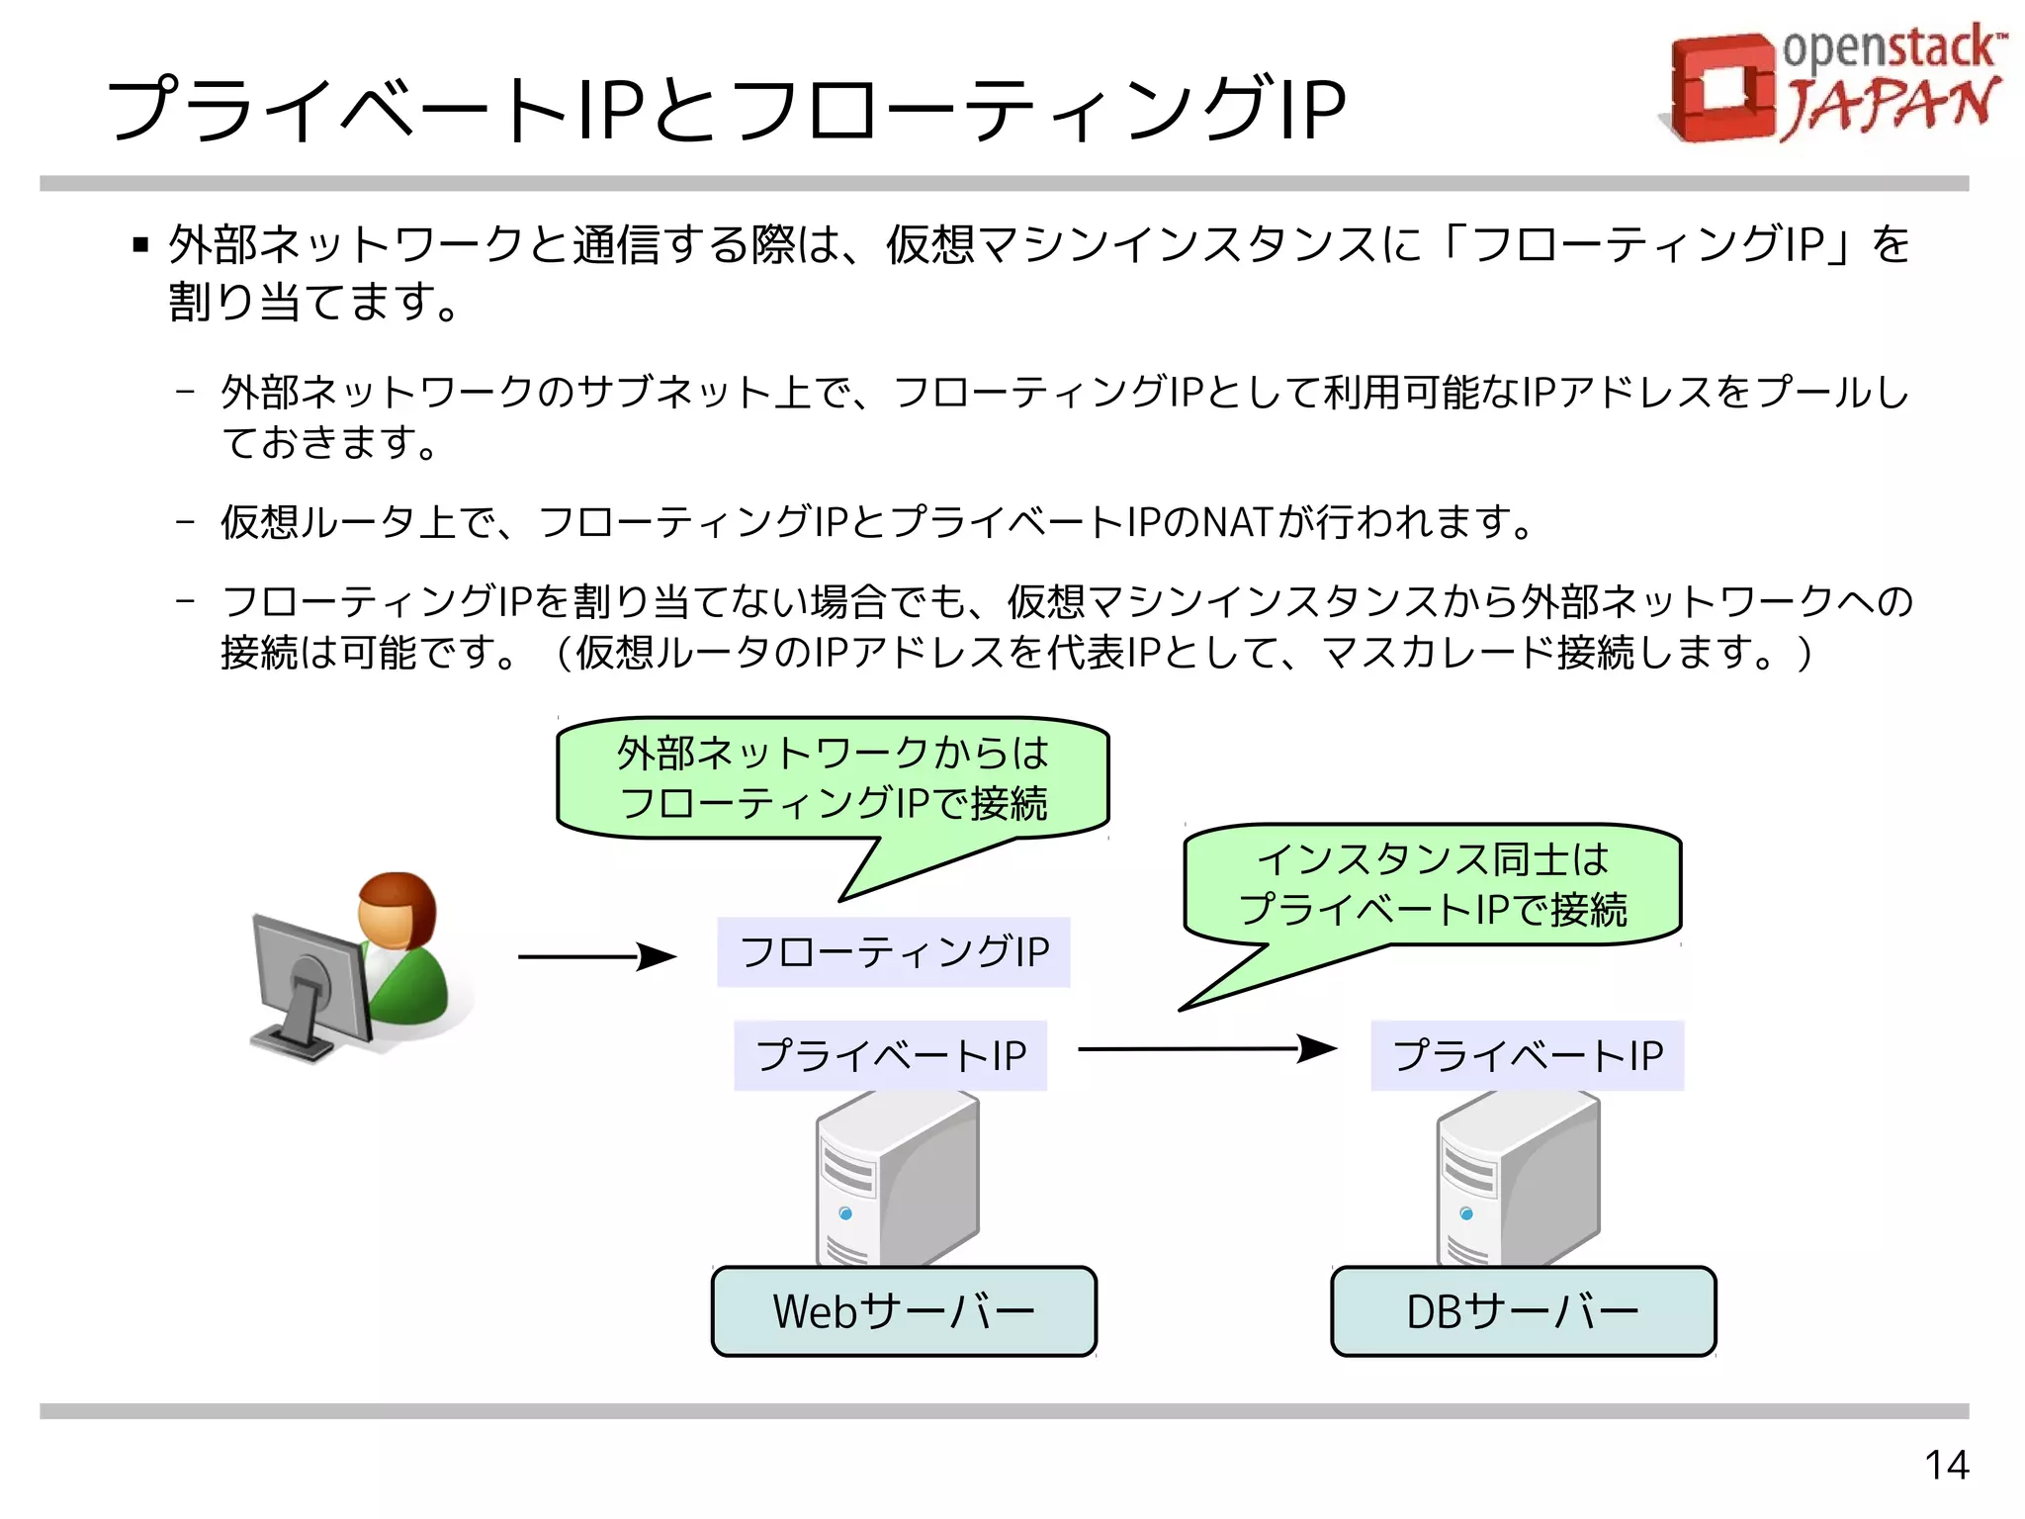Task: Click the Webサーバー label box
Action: coord(904,1311)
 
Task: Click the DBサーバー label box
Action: coord(1523,1311)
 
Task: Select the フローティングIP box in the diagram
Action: coord(894,951)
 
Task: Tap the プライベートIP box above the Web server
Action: coord(890,1055)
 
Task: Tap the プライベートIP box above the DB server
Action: coord(1527,1055)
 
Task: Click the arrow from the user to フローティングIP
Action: coord(596,956)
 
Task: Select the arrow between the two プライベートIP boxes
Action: coord(1206,1048)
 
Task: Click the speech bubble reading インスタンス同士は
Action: coord(1433,883)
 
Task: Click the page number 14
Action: coord(1946,1465)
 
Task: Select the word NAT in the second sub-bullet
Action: coord(1234,522)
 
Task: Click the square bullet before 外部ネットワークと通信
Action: coord(140,244)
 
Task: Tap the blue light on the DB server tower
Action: coord(1466,1213)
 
